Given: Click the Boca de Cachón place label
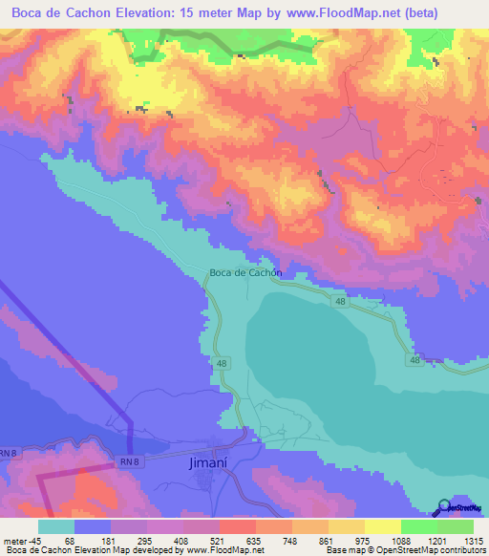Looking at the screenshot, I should tap(244, 272).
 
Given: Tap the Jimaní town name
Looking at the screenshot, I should tap(203, 464).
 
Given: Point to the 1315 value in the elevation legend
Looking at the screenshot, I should tap(474, 540).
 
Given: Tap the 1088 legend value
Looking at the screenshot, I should tap(400, 540).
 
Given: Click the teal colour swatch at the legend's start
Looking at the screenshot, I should tap(56, 526).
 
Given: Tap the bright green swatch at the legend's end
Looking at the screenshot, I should tap(456, 526).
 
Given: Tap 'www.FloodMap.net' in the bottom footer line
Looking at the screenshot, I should tap(223, 550).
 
